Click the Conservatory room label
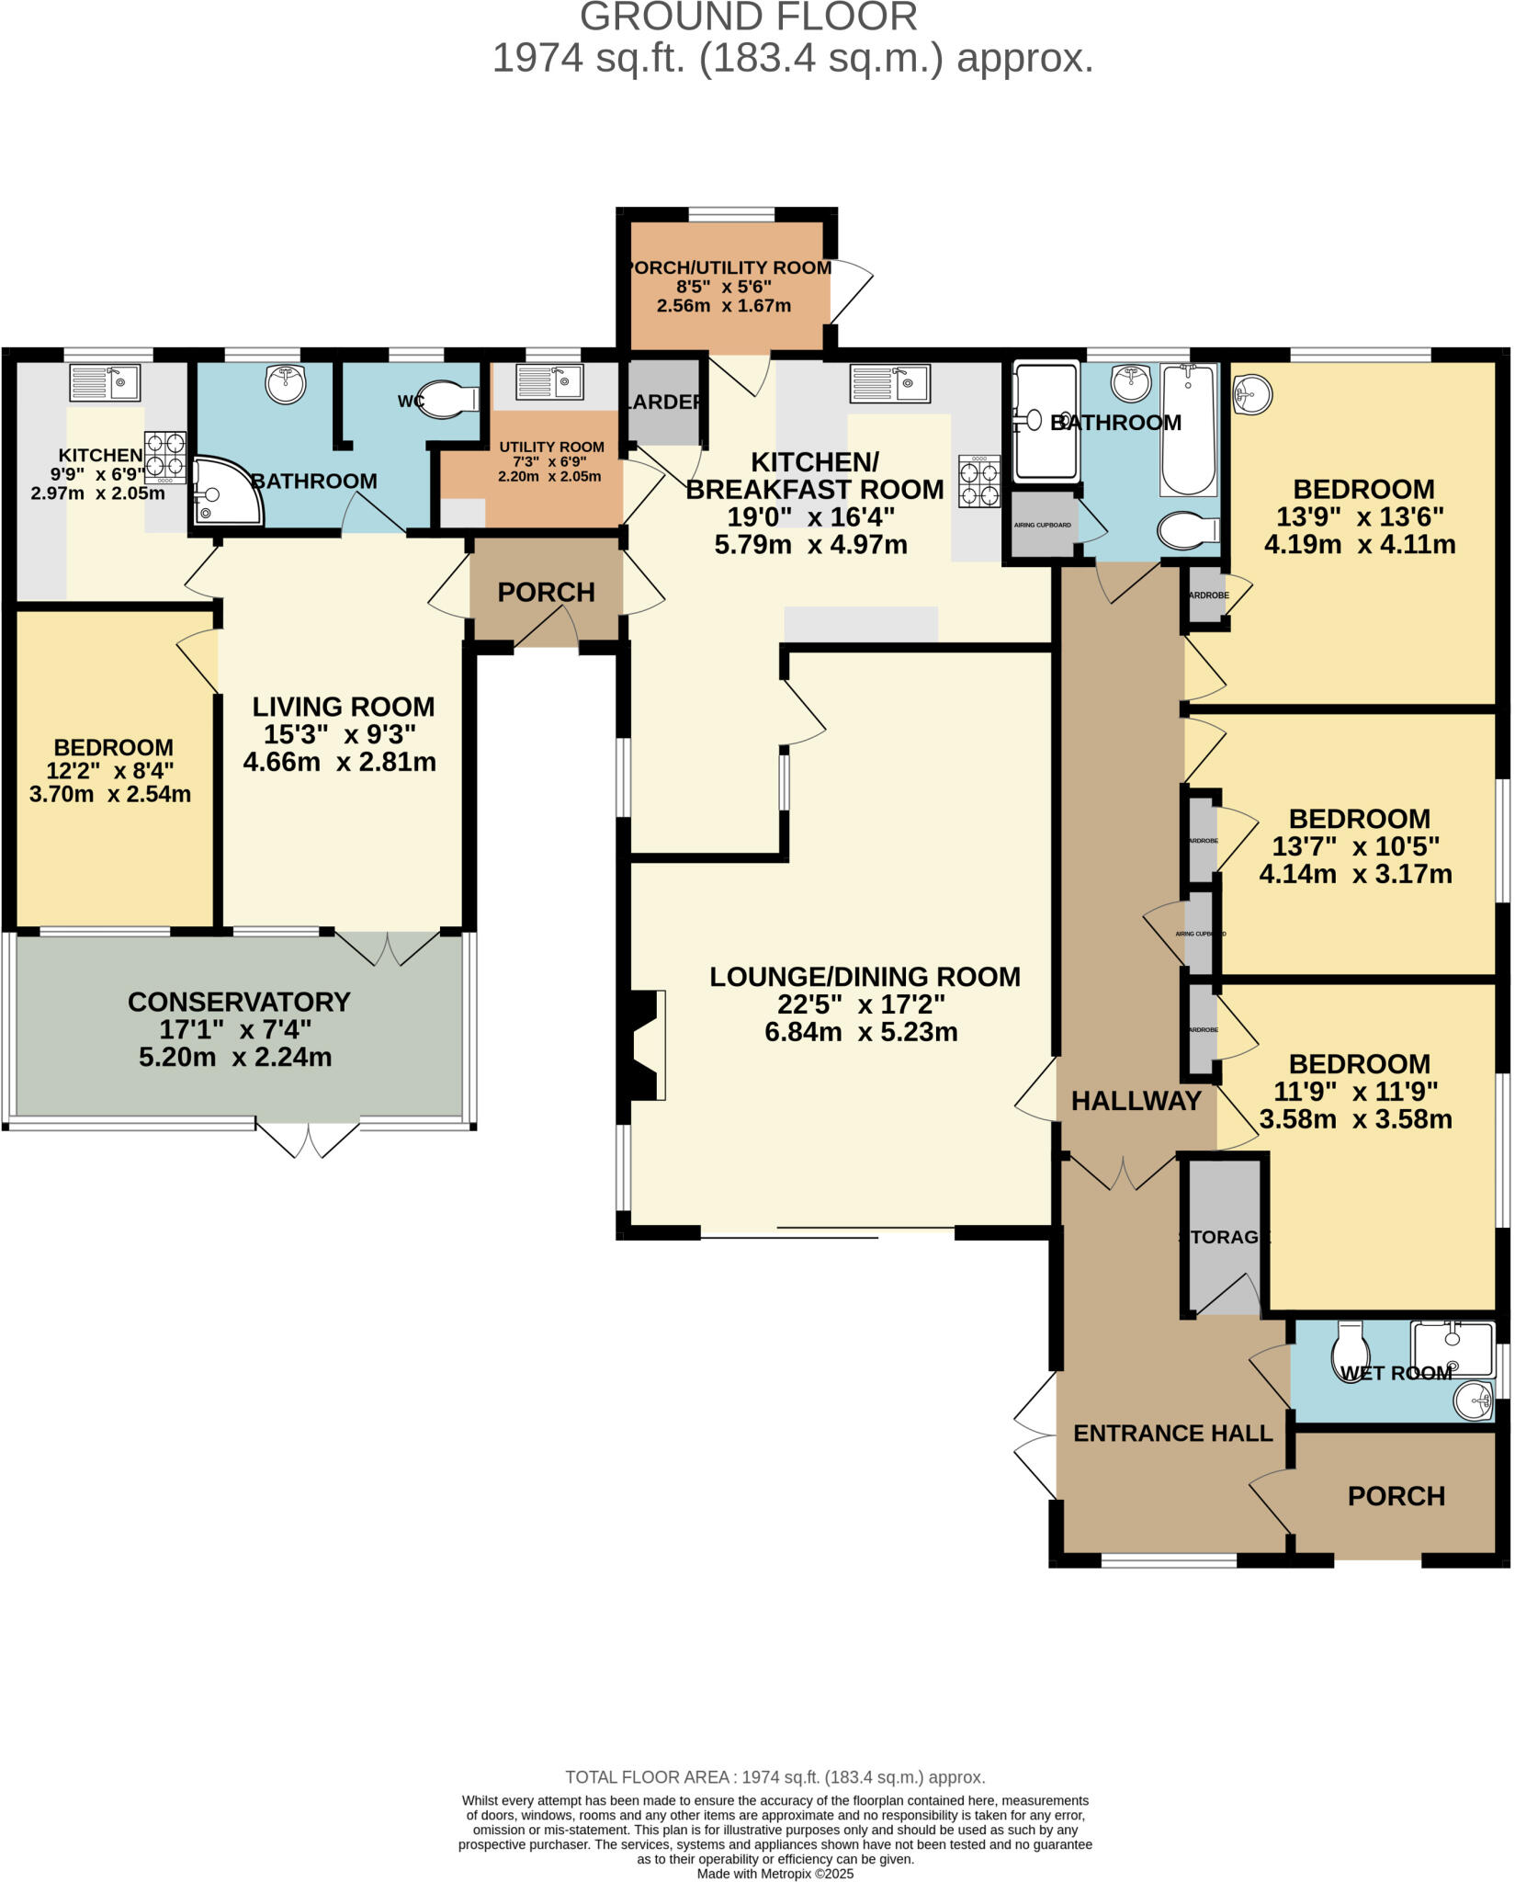pyautogui.click(x=239, y=1002)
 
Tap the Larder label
pyautogui.click(x=665, y=402)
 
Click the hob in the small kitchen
pyautogui.click(x=165, y=457)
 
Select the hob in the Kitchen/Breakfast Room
pyautogui.click(x=979, y=482)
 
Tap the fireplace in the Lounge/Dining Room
pyautogui.click(x=647, y=1045)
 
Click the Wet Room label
pyautogui.click(x=1396, y=1373)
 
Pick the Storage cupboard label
pyautogui.click(x=1224, y=1237)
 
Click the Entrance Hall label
pyautogui.click(x=1172, y=1433)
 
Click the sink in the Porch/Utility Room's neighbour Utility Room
pyautogui.click(x=549, y=381)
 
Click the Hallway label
pyautogui.click(x=1136, y=1100)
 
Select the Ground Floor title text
pyautogui.click(x=748, y=17)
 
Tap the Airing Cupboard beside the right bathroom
pyautogui.click(x=1042, y=525)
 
